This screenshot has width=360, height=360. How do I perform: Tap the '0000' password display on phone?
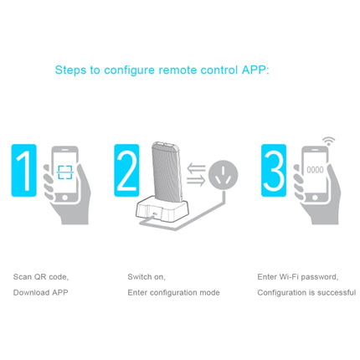(x=313, y=168)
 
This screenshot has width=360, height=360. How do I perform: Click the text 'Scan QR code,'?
(x=41, y=276)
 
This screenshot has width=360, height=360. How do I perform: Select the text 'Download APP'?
(x=40, y=293)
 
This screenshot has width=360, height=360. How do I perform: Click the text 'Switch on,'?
(x=147, y=276)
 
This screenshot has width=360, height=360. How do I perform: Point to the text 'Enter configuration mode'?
(x=173, y=293)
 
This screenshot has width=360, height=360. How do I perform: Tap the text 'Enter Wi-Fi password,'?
(x=297, y=276)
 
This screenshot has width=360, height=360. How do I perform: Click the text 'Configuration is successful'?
(x=306, y=293)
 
